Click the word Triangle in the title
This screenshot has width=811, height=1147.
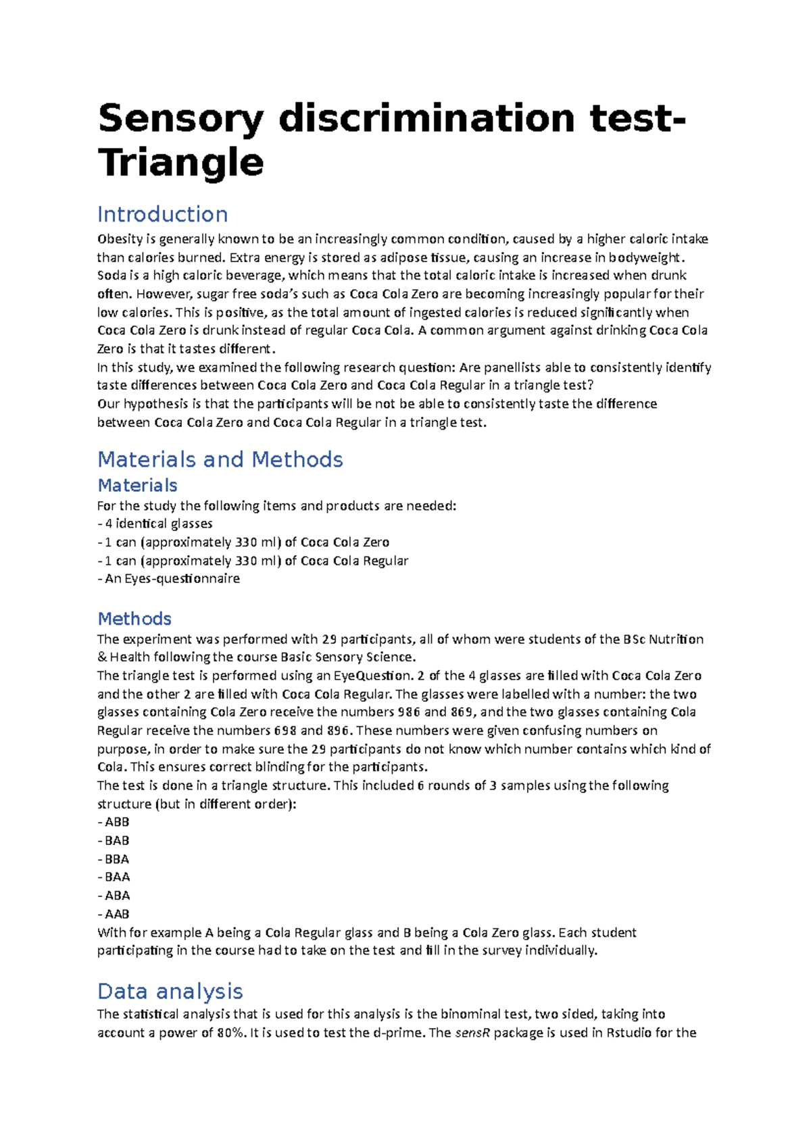point(180,163)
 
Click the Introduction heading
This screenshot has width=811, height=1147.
point(162,214)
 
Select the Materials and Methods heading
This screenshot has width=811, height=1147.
point(220,459)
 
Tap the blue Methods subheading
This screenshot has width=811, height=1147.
point(134,619)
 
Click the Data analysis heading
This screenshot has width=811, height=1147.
point(170,991)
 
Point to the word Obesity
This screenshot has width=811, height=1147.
point(120,239)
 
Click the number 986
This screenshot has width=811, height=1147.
point(409,712)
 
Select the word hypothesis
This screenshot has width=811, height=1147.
point(156,404)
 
